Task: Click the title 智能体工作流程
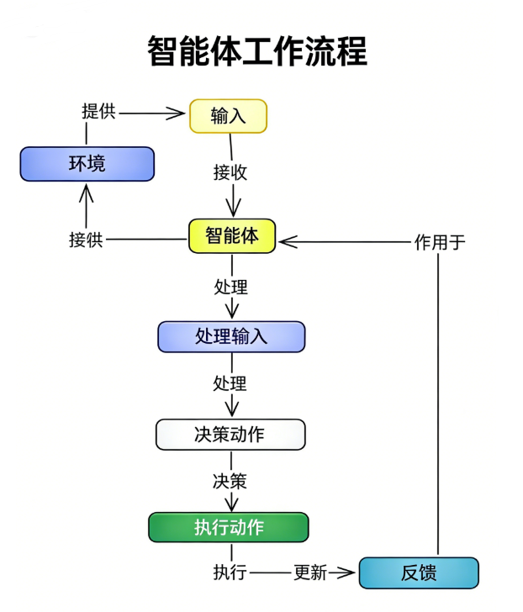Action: (257, 51)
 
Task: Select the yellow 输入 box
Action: (228, 116)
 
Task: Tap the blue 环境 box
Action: (87, 163)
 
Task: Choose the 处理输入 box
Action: (231, 336)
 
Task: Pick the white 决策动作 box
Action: (230, 434)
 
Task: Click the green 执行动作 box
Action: (229, 527)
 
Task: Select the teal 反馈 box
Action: (419, 572)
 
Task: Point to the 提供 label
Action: (98, 111)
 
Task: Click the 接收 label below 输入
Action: (230, 172)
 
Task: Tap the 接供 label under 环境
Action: (86, 240)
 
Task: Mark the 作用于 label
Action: (439, 242)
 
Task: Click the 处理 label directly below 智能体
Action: (230, 287)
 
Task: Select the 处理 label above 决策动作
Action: (230, 383)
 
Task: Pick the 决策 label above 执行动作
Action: (230, 481)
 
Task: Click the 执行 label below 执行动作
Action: (230, 572)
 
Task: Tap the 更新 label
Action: (309, 572)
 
